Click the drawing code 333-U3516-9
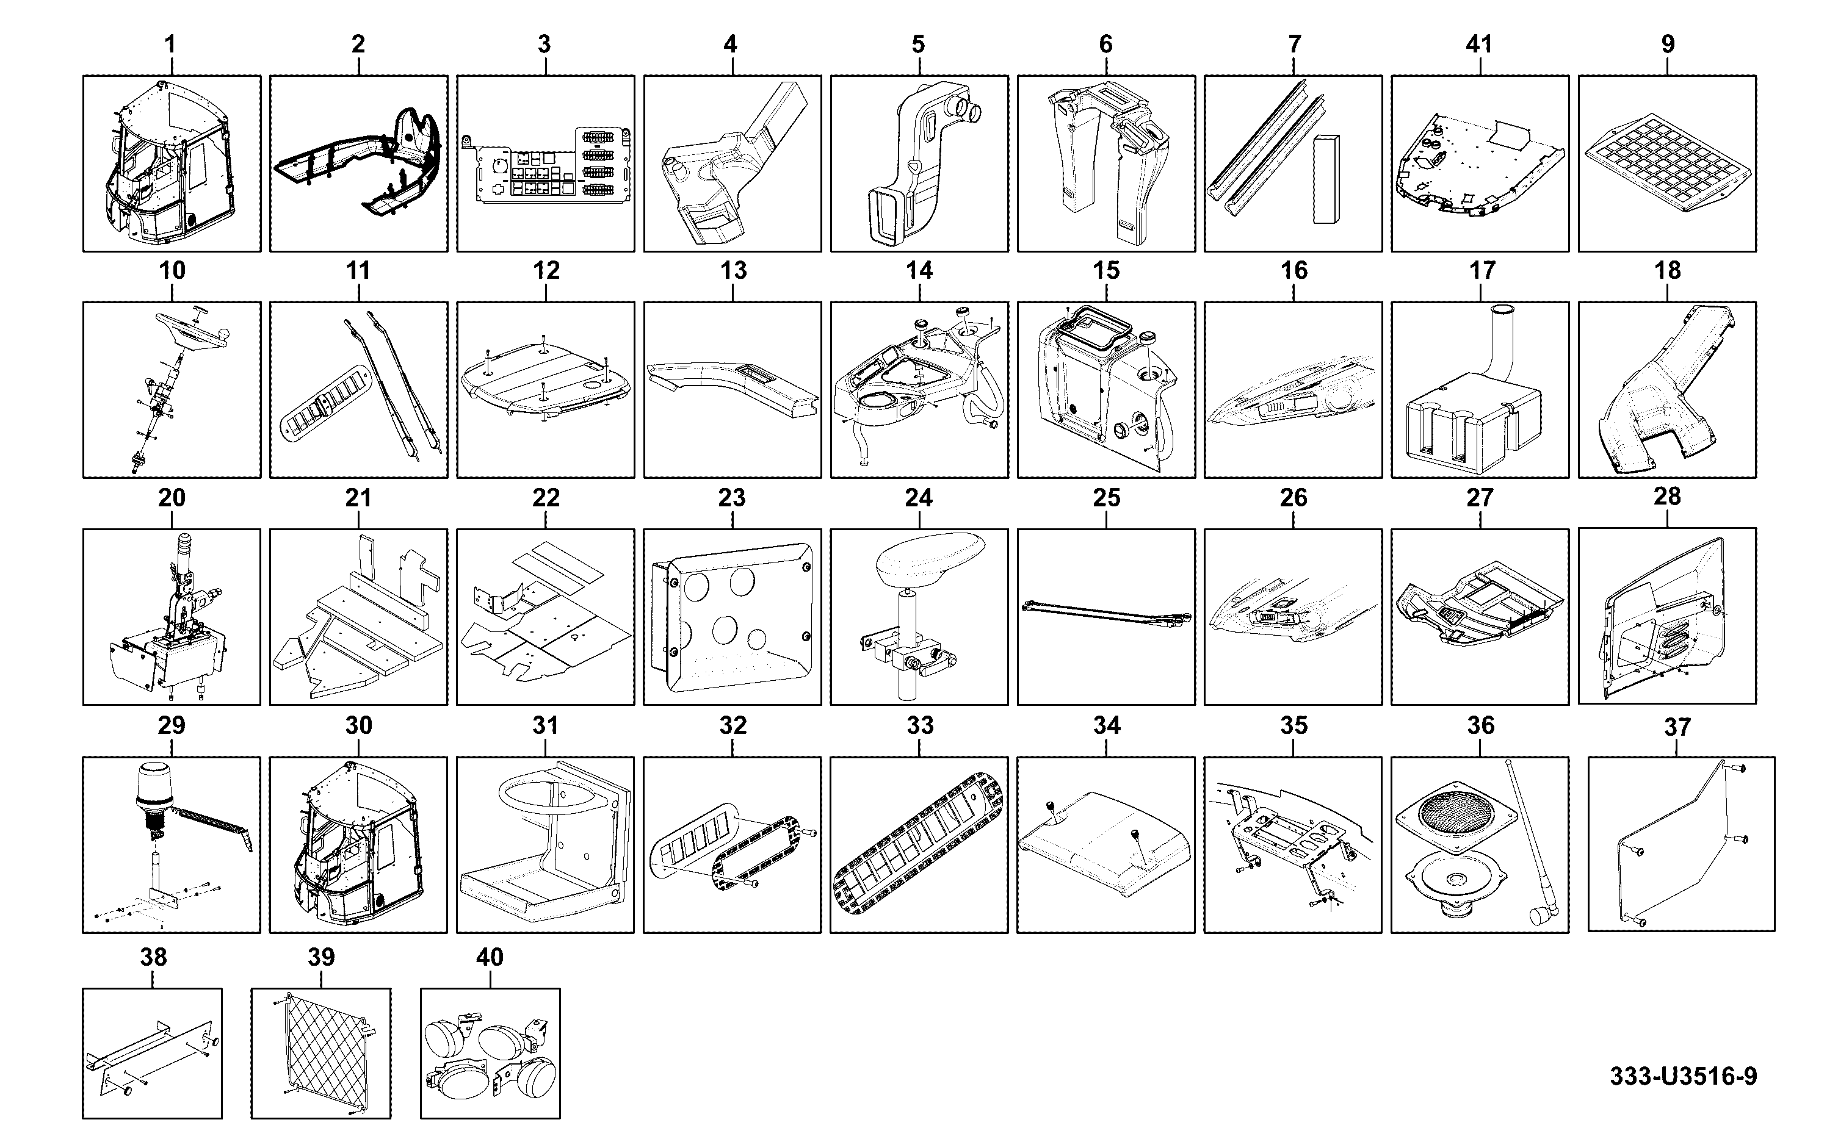click(1683, 1077)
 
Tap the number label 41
click(1479, 44)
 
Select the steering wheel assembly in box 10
click(173, 389)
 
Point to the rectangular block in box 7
click(1326, 179)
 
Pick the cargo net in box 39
click(321, 1052)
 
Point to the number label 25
click(1106, 498)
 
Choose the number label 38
click(154, 957)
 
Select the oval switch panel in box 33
click(919, 842)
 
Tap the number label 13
click(733, 270)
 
